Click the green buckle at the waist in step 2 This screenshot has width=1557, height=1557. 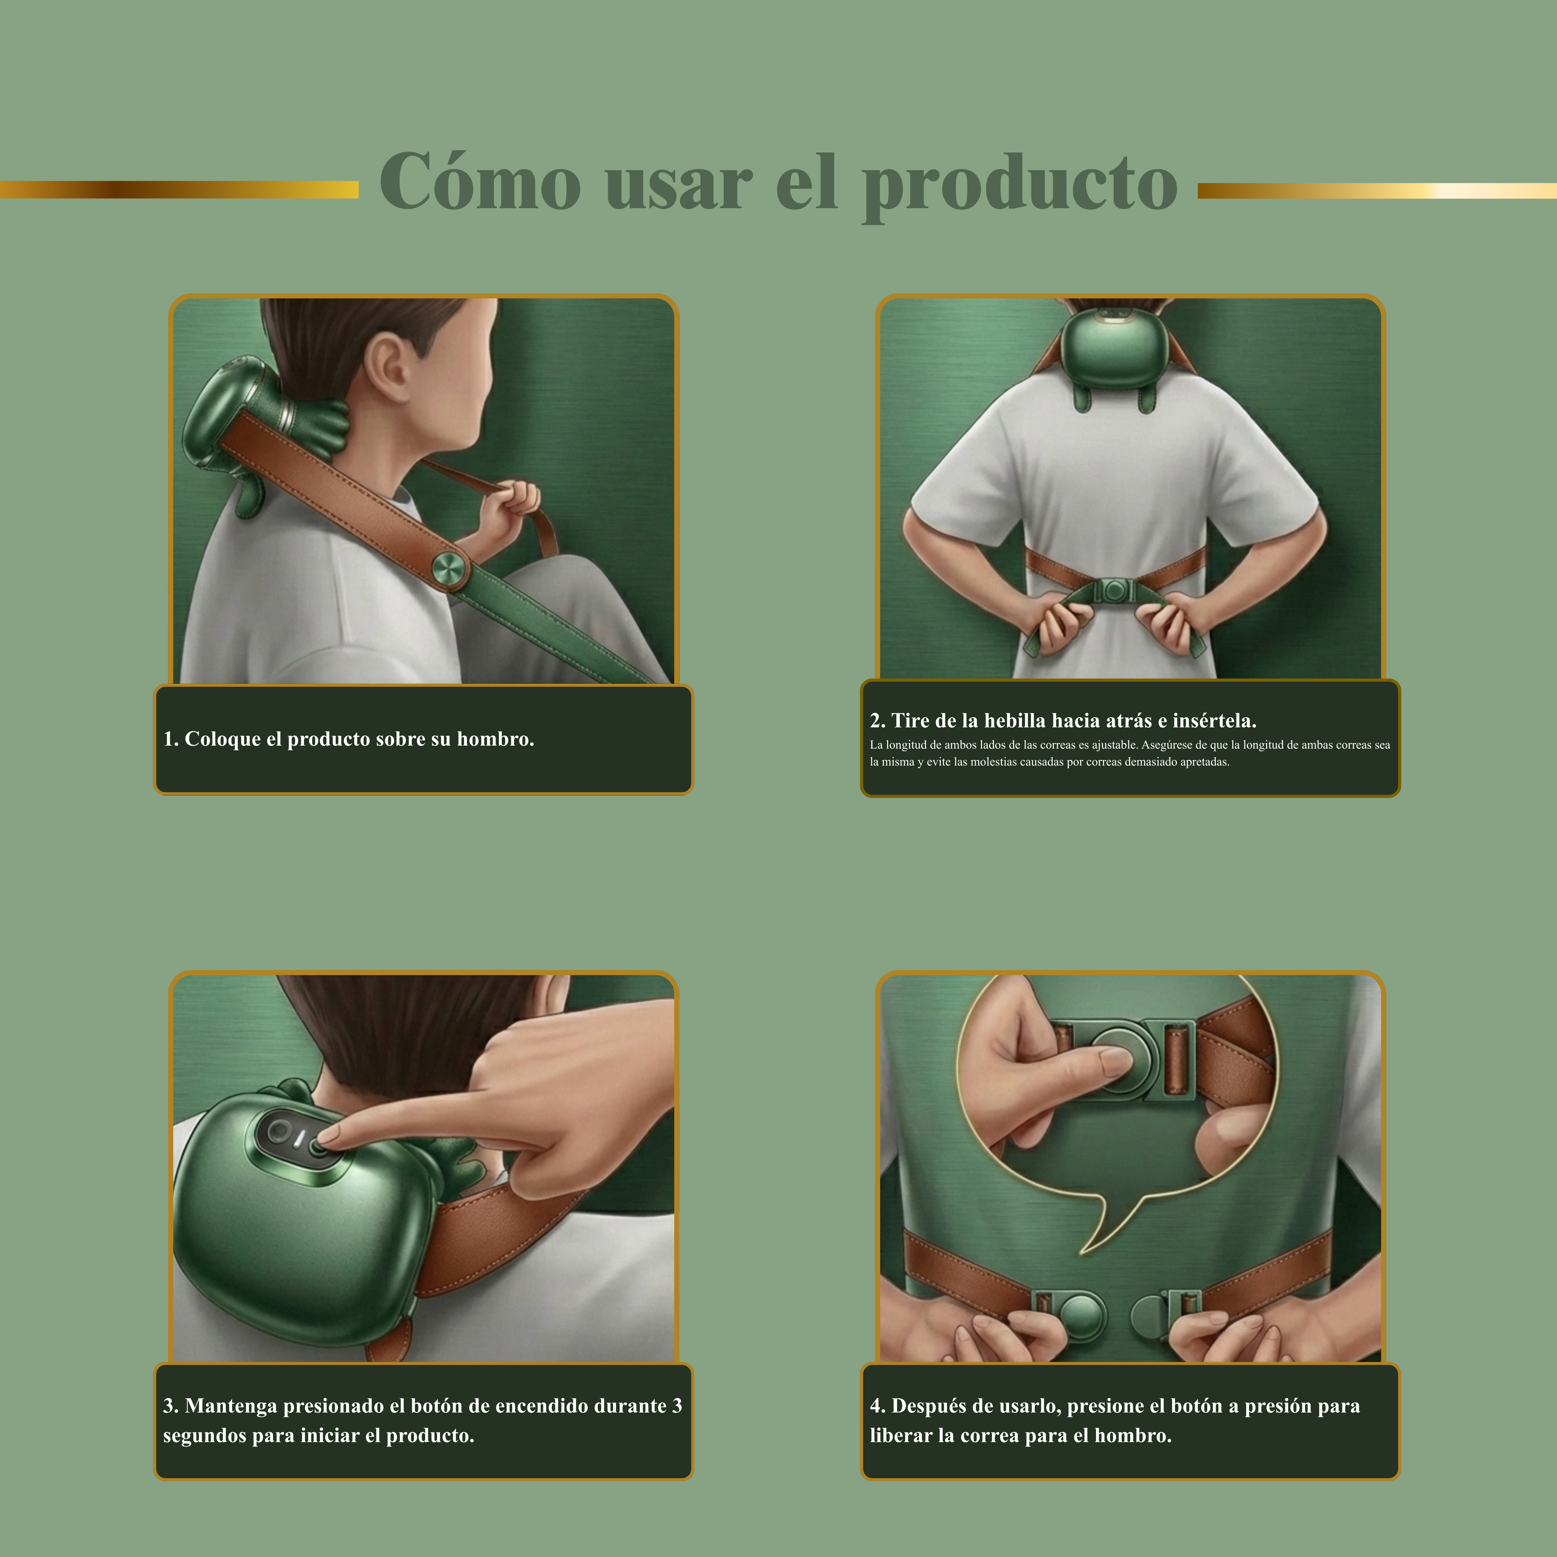click(x=1115, y=591)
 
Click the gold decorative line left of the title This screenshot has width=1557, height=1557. click(x=179, y=189)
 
